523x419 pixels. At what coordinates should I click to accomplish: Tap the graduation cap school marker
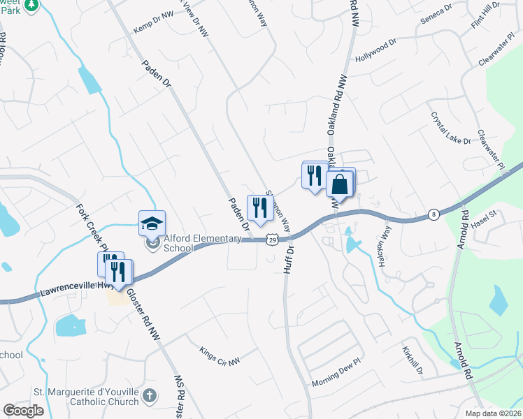[x=152, y=223]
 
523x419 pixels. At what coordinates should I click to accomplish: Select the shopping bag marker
[x=339, y=184]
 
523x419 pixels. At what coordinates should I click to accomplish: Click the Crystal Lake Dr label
[x=451, y=128]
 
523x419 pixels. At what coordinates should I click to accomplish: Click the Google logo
[x=23, y=410]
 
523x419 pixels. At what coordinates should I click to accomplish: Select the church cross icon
[x=149, y=397]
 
